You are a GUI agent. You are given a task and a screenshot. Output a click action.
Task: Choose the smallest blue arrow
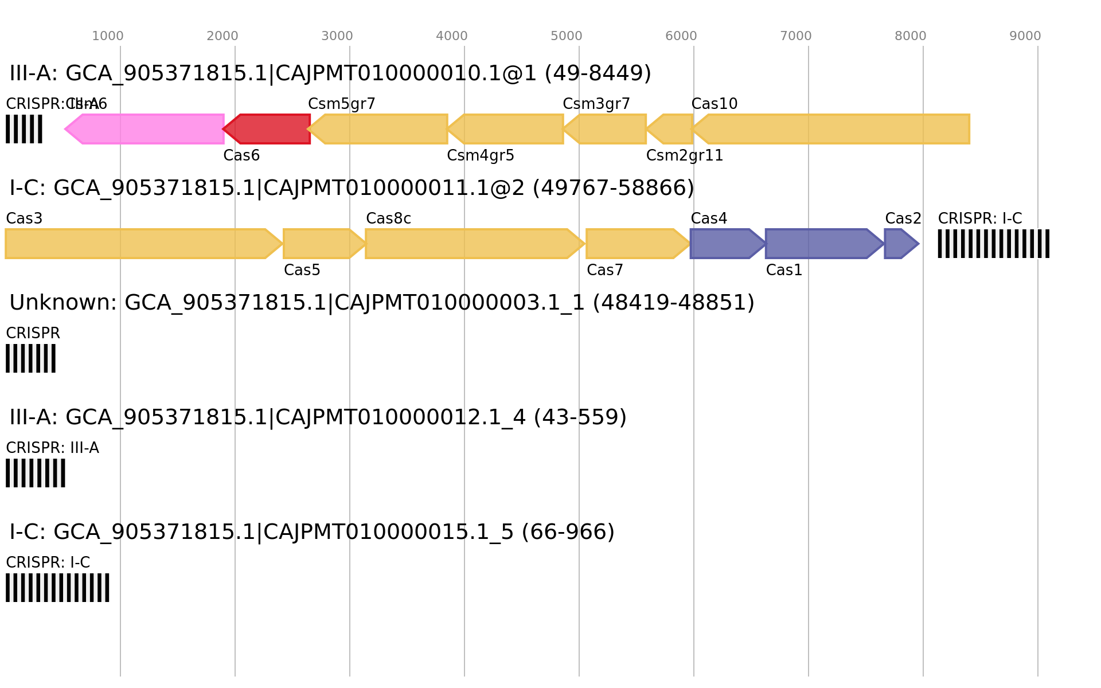901,244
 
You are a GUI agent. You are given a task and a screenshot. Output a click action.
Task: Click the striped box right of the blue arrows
993,244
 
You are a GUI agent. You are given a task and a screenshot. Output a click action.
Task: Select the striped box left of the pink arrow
24,129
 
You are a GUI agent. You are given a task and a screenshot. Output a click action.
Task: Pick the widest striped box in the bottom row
57,588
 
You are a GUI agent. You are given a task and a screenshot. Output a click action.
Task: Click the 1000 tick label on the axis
108,36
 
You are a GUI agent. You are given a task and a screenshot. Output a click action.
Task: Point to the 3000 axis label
337,36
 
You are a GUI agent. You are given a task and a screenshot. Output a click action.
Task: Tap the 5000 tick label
567,36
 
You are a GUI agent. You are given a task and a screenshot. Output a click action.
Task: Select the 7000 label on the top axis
796,36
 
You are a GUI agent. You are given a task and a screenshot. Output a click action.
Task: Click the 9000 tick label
1025,36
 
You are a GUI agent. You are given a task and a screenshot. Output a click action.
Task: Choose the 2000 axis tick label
222,36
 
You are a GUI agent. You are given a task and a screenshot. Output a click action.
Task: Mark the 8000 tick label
911,36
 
